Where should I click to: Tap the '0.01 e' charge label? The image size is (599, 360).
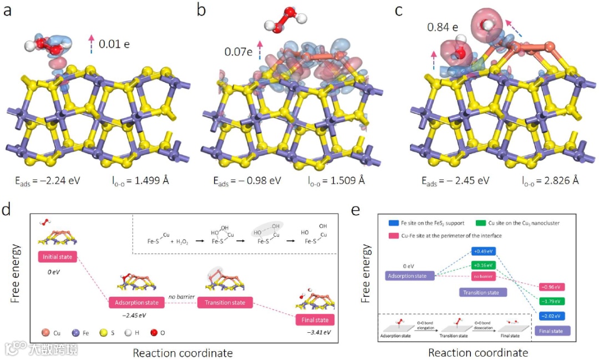tap(114, 43)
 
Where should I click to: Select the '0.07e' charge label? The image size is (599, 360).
tap(238, 52)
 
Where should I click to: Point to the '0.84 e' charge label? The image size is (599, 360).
tap(442, 27)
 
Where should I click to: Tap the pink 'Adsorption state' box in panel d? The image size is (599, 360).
tap(137, 303)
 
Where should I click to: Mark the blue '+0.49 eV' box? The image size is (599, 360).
tap(483, 251)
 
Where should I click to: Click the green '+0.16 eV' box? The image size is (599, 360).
tap(483, 265)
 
